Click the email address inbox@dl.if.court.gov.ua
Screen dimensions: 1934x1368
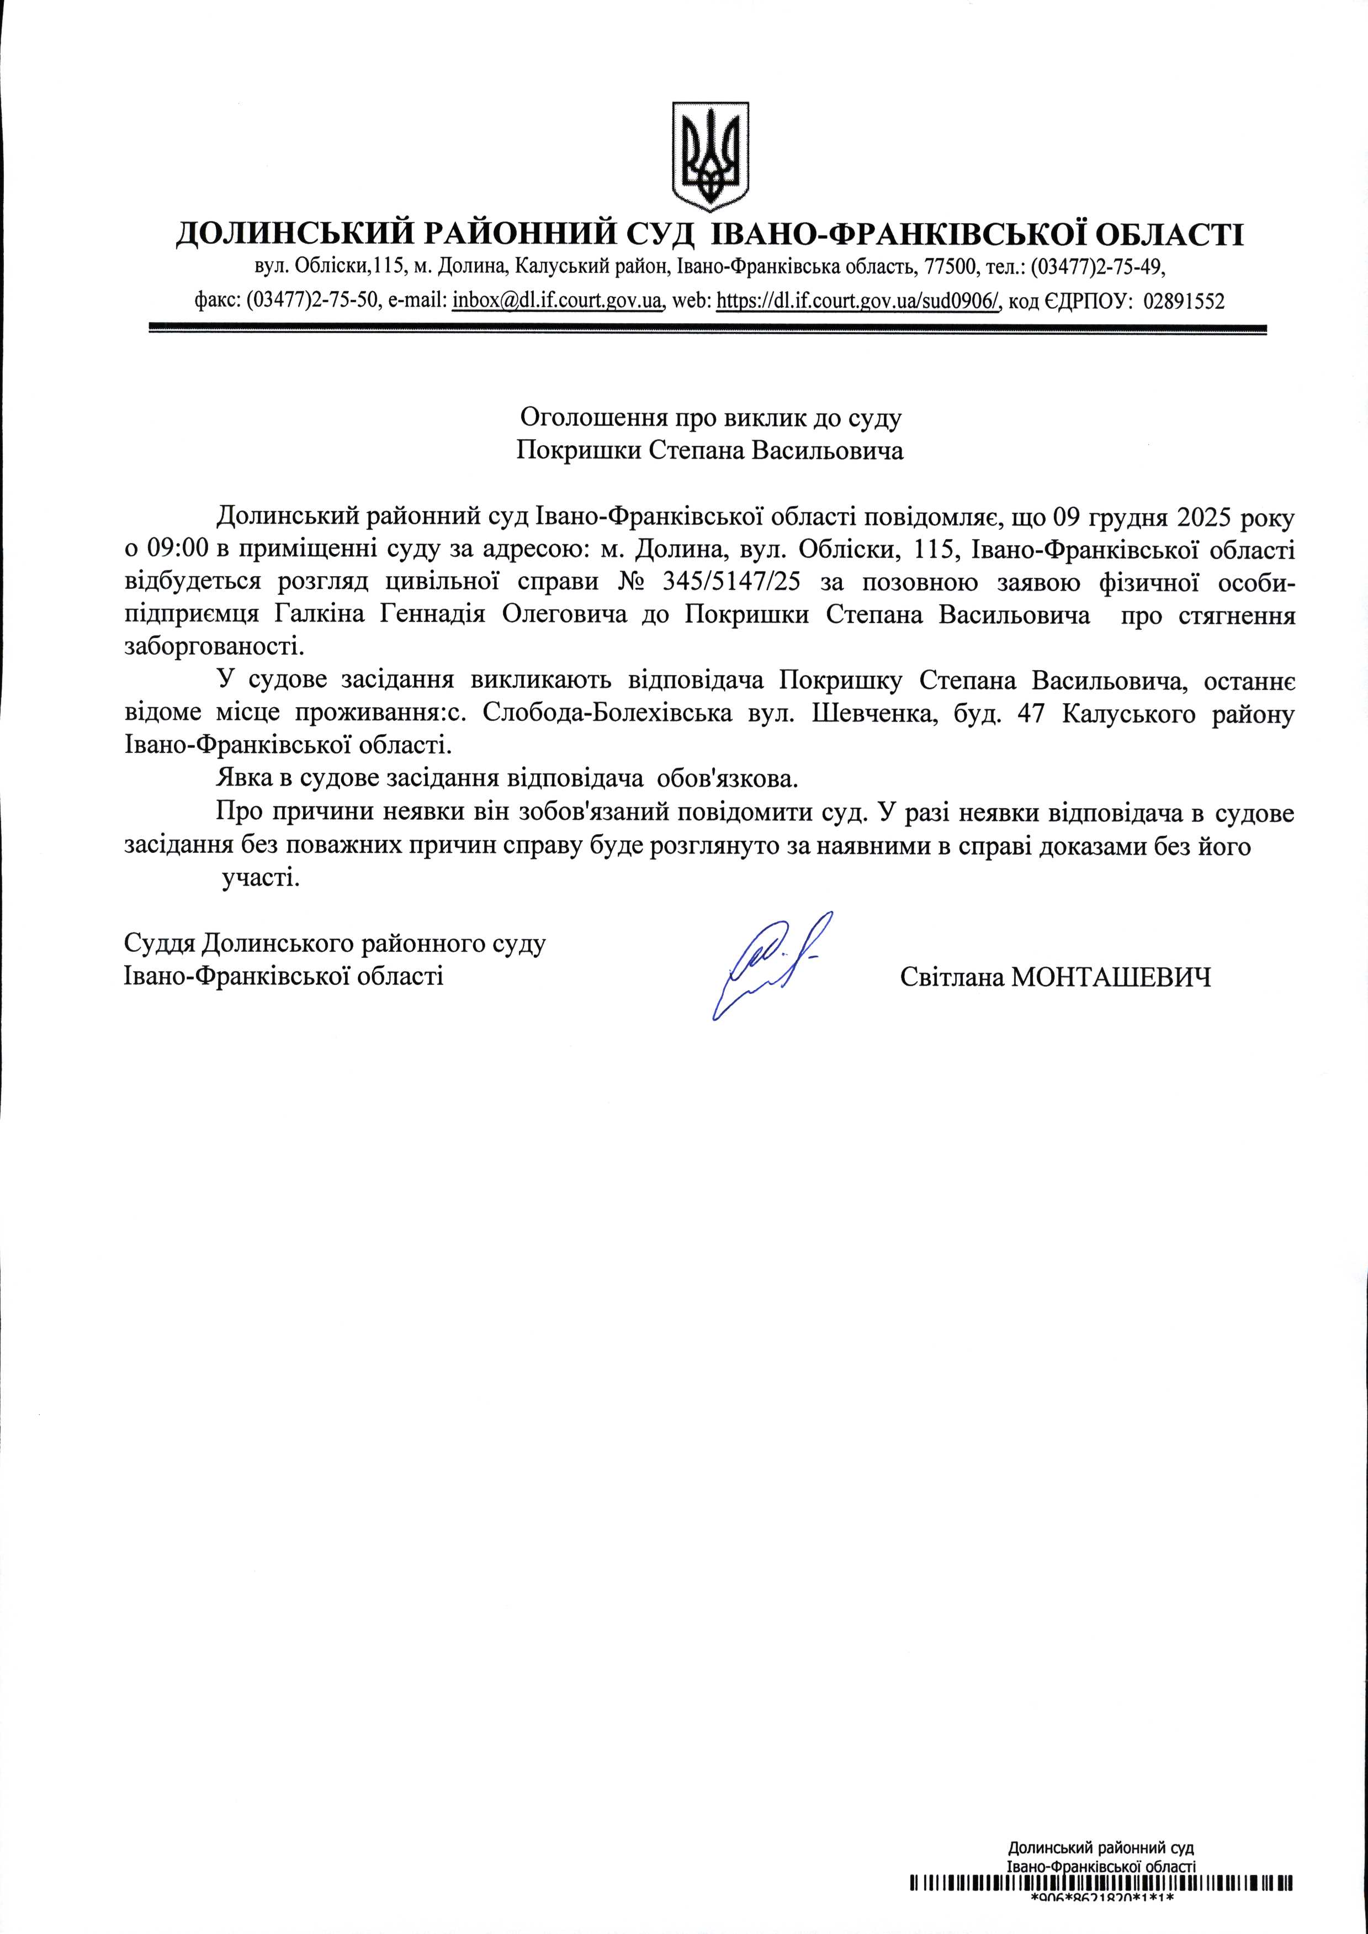tap(557, 301)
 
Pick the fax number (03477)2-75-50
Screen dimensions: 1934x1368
tap(314, 301)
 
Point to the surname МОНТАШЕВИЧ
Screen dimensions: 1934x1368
tap(1110, 978)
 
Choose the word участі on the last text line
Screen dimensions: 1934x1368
tap(260, 880)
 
